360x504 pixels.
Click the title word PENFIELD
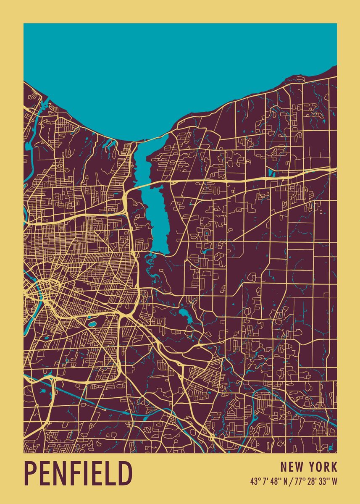(x=78, y=473)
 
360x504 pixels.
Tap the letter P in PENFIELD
(x=31, y=473)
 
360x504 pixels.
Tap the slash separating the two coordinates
(x=287, y=482)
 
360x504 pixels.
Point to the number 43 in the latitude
(x=254, y=482)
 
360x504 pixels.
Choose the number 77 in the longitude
(x=294, y=482)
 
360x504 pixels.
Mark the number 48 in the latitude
(x=273, y=482)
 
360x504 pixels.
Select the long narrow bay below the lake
(x=156, y=210)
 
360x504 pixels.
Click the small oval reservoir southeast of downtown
(x=92, y=324)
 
